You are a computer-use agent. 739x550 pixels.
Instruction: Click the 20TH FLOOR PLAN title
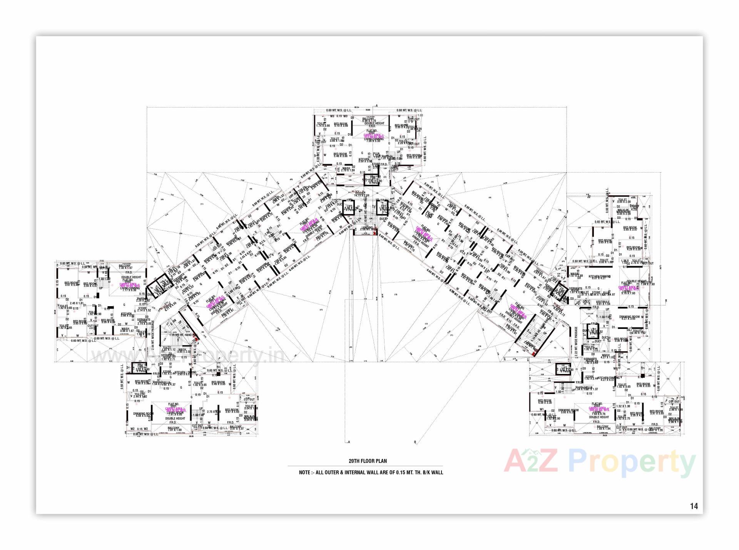[x=368, y=461]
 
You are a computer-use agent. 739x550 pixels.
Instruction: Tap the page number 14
[x=694, y=506]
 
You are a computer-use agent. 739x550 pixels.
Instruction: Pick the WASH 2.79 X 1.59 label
[x=346, y=169]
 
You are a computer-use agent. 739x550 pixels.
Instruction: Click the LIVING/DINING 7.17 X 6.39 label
[x=129, y=289]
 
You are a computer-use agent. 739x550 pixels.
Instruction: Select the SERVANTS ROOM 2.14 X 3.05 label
[x=144, y=322]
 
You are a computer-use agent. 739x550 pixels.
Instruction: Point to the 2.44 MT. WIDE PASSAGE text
[x=153, y=337]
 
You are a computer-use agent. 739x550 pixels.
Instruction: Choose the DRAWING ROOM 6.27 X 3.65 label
[x=630, y=318]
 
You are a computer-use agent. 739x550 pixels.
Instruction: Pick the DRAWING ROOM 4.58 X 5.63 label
[x=143, y=415]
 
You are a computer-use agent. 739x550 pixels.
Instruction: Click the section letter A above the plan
[x=377, y=105]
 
